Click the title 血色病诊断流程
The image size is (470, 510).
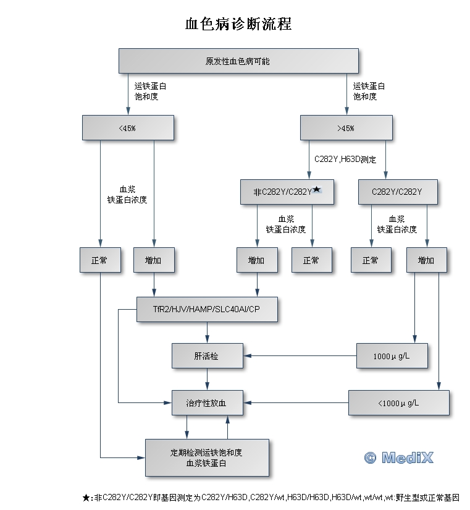pyautogui.click(x=238, y=24)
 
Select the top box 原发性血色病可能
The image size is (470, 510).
pyautogui.click(x=238, y=61)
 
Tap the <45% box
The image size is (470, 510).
pyautogui.click(x=128, y=128)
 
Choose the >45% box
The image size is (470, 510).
pyautogui.click(x=346, y=128)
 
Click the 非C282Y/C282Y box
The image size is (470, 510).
pyautogui.click(x=287, y=192)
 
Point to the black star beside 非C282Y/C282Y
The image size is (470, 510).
pyautogui.click(x=317, y=189)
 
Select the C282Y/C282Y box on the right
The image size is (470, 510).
pyautogui.click(x=397, y=192)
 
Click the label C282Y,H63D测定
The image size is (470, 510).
pyautogui.click(x=345, y=159)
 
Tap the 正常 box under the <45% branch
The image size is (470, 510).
pyautogui.click(x=99, y=260)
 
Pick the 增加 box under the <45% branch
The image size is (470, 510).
pyautogui.click(x=154, y=260)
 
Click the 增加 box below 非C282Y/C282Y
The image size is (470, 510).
pyautogui.click(x=257, y=260)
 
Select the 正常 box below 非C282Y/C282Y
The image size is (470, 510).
pyautogui.click(x=311, y=260)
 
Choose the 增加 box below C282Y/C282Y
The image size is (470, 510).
pyautogui.click(x=426, y=260)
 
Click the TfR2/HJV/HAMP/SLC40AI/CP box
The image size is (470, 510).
pyautogui.click(x=206, y=309)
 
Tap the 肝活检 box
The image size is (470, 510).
pyautogui.click(x=206, y=356)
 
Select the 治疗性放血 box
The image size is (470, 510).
pyautogui.click(x=206, y=403)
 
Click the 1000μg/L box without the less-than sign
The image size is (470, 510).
pyautogui.click(x=392, y=356)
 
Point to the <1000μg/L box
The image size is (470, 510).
pyautogui.click(x=398, y=403)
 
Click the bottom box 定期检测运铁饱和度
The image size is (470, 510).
pyautogui.click(x=206, y=457)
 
